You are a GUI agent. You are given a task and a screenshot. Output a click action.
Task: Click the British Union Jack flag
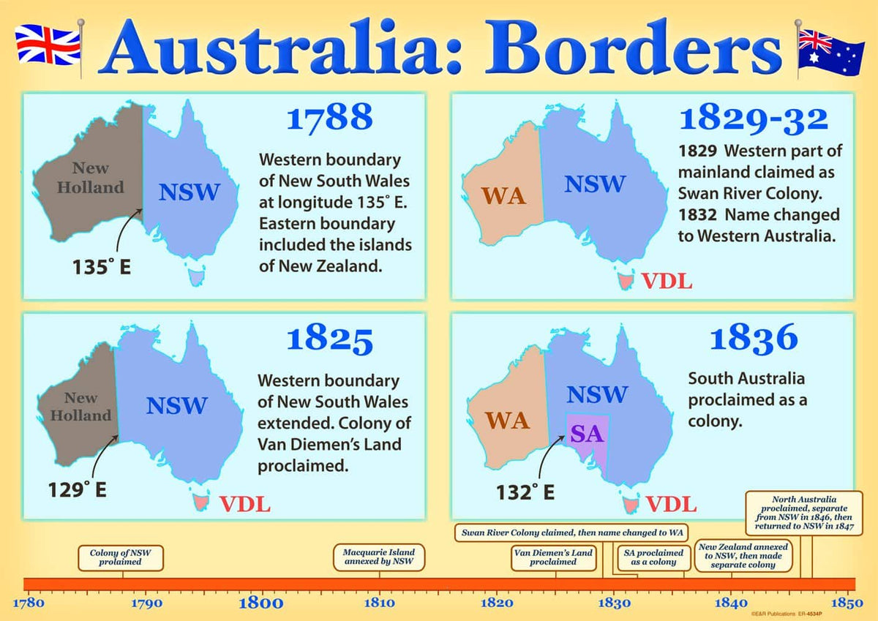click(x=47, y=45)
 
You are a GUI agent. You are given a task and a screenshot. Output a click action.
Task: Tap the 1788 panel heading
click(x=329, y=118)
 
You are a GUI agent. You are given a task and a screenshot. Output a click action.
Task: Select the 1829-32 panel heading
click(x=754, y=119)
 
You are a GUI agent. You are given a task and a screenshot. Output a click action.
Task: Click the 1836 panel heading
click(x=754, y=338)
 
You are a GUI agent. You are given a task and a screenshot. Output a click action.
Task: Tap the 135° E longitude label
click(x=101, y=267)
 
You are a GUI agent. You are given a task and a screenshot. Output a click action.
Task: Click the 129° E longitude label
click(x=78, y=489)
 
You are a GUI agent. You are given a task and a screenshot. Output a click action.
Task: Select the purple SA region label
click(x=585, y=434)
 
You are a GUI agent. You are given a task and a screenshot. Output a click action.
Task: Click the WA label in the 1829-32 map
click(x=503, y=196)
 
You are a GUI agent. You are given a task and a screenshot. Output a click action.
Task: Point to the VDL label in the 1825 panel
click(x=245, y=504)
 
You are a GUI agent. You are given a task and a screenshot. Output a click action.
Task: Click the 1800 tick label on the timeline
click(x=261, y=603)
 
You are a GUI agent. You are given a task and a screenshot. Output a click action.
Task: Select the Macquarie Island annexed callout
click(x=379, y=557)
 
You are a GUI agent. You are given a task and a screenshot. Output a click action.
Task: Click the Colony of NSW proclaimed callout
click(x=121, y=557)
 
